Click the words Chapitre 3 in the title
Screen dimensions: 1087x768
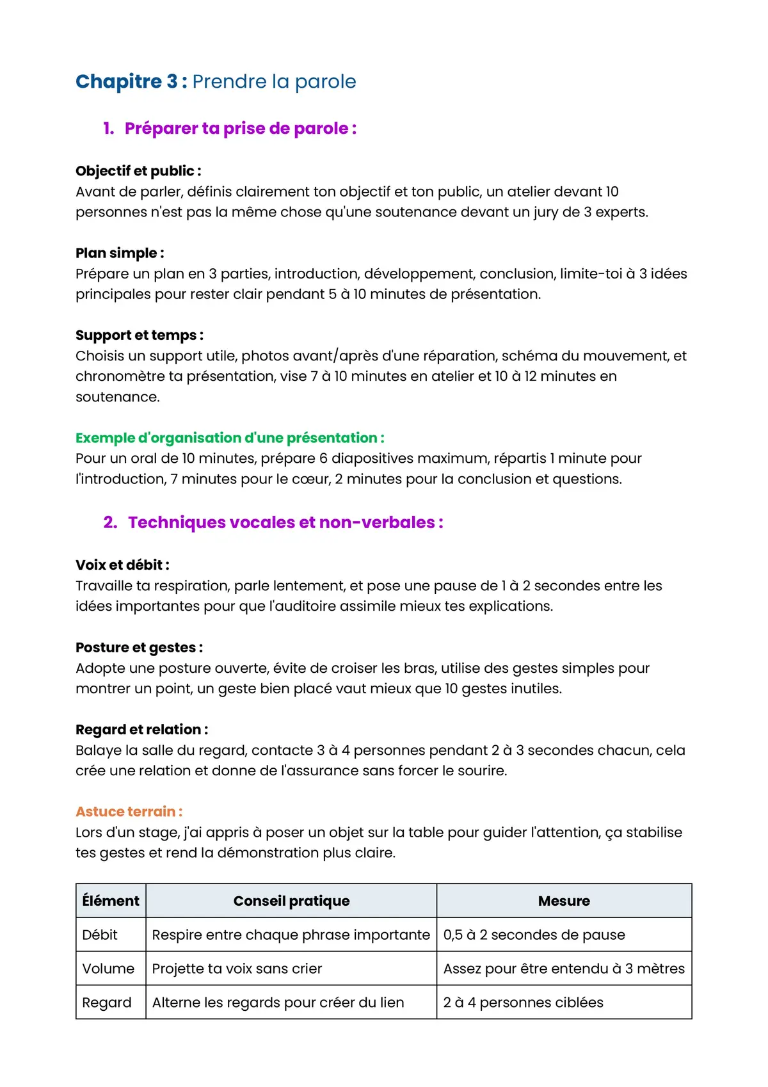(x=127, y=81)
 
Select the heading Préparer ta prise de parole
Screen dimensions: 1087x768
(x=240, y=128)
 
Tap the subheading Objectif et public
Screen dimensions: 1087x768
(x=138, y=171)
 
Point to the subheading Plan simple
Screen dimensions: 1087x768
(x=120, y=253)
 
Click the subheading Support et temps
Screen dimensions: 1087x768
(x=140, y=335)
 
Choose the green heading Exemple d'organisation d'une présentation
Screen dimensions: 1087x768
(x=230, y=438)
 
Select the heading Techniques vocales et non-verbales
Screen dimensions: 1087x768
(x=285, y=522)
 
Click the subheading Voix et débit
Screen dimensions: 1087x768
(x=122, y=565)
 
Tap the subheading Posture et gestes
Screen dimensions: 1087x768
(x=139, y=647)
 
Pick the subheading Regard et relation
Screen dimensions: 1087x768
(x=141, y=729)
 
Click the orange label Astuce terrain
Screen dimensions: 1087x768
(x=129, y=812)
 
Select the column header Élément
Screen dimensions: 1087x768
(x=111, y=901)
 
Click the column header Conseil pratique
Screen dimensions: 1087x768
(x=291, y=901)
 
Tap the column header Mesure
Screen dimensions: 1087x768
(x=564, y=901)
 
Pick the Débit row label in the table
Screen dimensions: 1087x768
(x=100, y=935)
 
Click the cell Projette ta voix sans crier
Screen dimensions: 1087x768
(x=237, y=969)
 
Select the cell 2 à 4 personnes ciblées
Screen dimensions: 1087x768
(x=523, y=1002)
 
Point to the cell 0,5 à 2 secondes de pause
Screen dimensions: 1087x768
(x=534, y=935)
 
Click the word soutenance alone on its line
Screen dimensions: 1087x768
(x=117, y=397)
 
